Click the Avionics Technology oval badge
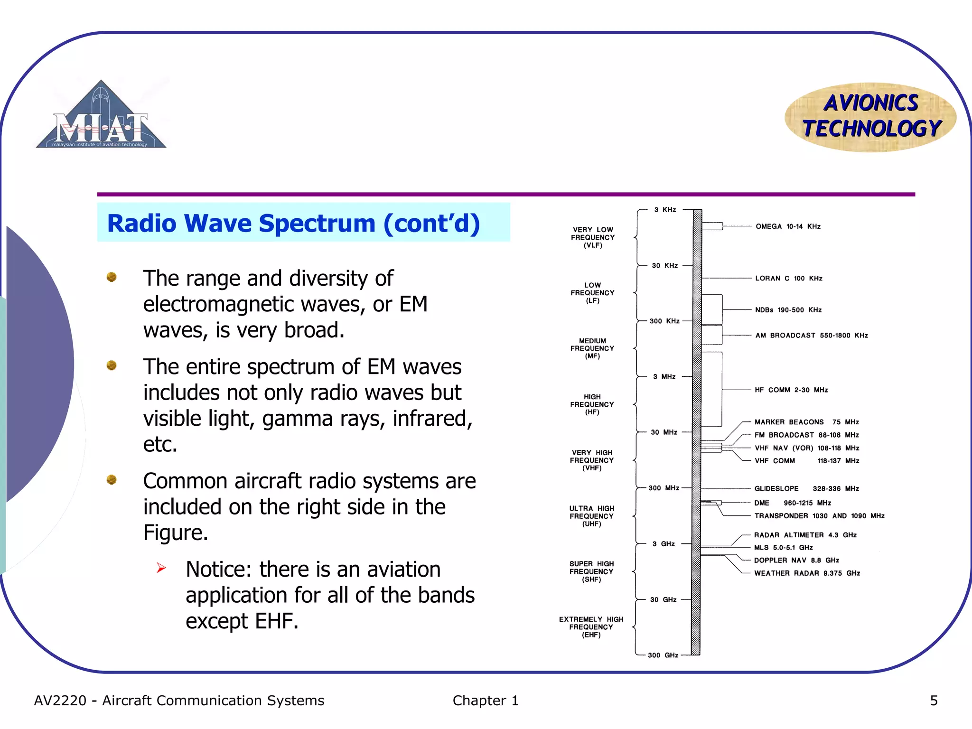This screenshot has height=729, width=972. coord(870,117)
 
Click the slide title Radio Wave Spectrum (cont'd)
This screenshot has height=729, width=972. coord(293,223)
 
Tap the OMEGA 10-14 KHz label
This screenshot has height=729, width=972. coord(788,226)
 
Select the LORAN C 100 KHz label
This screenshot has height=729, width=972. coord(788,278)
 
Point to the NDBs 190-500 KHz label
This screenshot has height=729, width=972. coord(788,310)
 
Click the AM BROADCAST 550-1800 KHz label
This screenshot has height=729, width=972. coord(811,335)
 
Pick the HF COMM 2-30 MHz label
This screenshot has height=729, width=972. coord(791,390)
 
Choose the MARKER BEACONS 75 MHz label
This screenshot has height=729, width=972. coord(806,422)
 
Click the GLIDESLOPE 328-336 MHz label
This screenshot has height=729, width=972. coord(806,488)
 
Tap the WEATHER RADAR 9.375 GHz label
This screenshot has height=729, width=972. coord(807,573)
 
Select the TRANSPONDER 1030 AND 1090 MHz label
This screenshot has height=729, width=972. coord(819,515)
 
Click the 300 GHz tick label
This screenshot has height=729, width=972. coord(663,655)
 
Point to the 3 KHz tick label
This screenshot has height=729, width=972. coord(664,209)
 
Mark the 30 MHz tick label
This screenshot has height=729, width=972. coord(664,432)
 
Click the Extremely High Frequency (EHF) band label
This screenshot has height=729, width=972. coord(591,626)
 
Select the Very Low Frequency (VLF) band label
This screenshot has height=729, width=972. coord(593,237)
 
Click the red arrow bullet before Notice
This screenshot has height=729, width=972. coord(161,568)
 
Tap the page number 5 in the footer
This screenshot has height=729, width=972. coord(934,701)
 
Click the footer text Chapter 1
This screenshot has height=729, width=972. coord(485,701)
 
